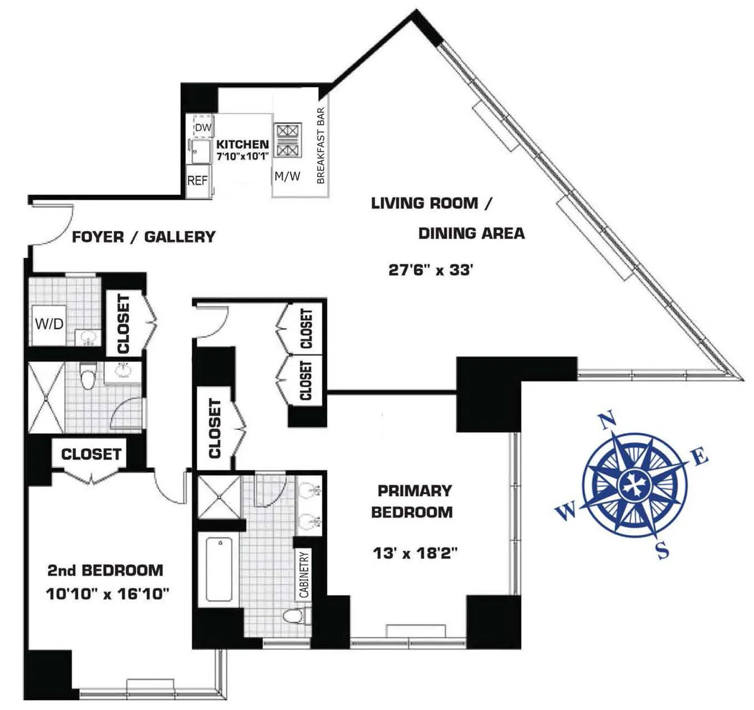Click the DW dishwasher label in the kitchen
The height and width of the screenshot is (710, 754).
pyautogui.click(x=203, y=128)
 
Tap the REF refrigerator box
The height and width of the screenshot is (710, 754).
pyautogui.click(x=197, y=181)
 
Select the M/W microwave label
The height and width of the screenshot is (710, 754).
pyautogui.click(x=287, y=176)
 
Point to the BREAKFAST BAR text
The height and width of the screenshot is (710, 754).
pyautogui.click(x=320, y=145)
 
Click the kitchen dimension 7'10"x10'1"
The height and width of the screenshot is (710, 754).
pyautogui.click(x=243, y=156)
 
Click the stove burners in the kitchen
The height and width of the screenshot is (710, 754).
pyautogui.click(x=288, y=140)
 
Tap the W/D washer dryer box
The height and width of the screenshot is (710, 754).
pyautogui.click(x=49, y=324)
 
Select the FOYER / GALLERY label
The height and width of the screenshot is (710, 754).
pyautogui.click(x=144, y=237)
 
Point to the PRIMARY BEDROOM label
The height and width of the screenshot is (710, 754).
pyautogui.click(x=412, y=501)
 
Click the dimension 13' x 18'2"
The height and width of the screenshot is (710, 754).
pyautogui.click(x=415, y=553)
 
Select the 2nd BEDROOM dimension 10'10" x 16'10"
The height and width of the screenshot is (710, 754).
pyautogui.click(x=107, y=594)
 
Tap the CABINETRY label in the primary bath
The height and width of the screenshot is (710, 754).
pyautogui.click(x=304, y=575)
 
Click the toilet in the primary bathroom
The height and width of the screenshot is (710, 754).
pyautogui.click(x=294, y=616)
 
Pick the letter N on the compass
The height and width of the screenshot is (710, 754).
pyautogui.click(x=608, y=420)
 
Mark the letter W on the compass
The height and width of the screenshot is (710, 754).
pyautogui.click(x=566, y=511)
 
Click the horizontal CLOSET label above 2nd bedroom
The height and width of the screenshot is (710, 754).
pyautogui.click(x=91, y=454)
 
